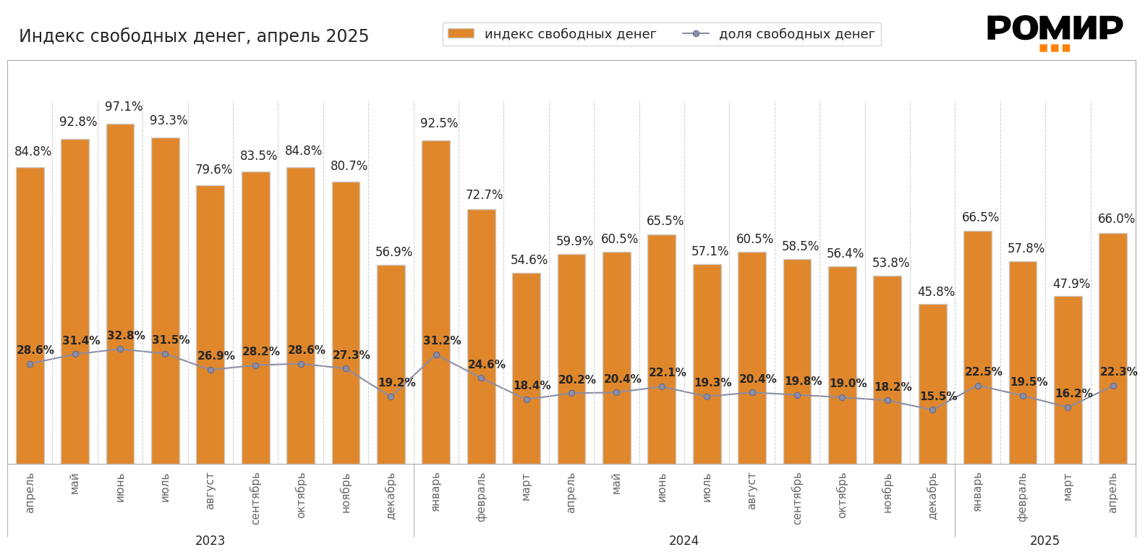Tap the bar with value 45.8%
[x=932, y=384]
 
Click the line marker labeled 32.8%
[x=120, y=349]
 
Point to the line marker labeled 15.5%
[x=932, y=410]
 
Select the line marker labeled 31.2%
[x=436, y=355]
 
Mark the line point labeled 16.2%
[x=1068, y=407]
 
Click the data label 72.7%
[x=484, y=195]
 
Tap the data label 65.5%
[x=665, y=221]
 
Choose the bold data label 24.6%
[x=486, y=365]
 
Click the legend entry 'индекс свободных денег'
[x=552, y=34]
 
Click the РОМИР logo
[x=1054, y=33]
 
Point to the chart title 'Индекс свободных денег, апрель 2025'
[x=194, y=36]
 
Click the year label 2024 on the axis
[x=684, y=541]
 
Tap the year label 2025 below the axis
[x=1044, y=541]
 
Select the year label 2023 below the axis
[x=210, y=541]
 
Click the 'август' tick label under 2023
[x=210, y=491]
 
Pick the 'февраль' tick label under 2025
[x=1023, y=496]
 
